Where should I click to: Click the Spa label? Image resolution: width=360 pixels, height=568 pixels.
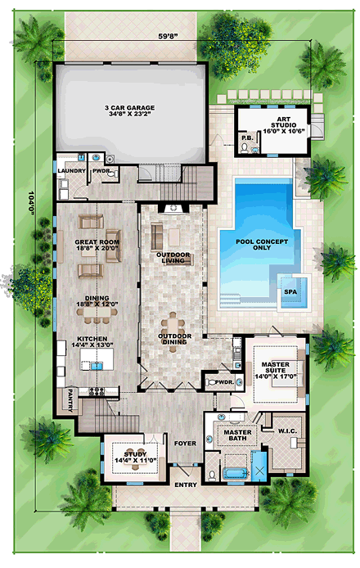pos(289,291)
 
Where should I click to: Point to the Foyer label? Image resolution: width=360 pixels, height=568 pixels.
pos(185,444)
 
